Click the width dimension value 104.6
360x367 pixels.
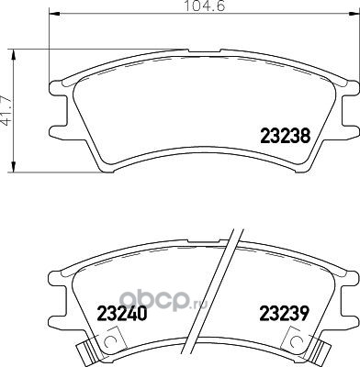(x=205, y=6)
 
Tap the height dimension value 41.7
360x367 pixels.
(x=7, y=111)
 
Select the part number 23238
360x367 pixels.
(x=286, y=136)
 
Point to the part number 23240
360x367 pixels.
(x=122, y=314)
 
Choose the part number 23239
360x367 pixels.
(x=284, y=314)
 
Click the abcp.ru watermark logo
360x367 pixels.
(x=163, y=300)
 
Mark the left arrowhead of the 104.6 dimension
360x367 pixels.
(x=54, y=14)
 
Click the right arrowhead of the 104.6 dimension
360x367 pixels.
(x=354, y=14)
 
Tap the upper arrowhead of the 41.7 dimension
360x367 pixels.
(x=13, y=55)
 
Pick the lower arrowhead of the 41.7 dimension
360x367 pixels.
(x=13, y=167)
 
